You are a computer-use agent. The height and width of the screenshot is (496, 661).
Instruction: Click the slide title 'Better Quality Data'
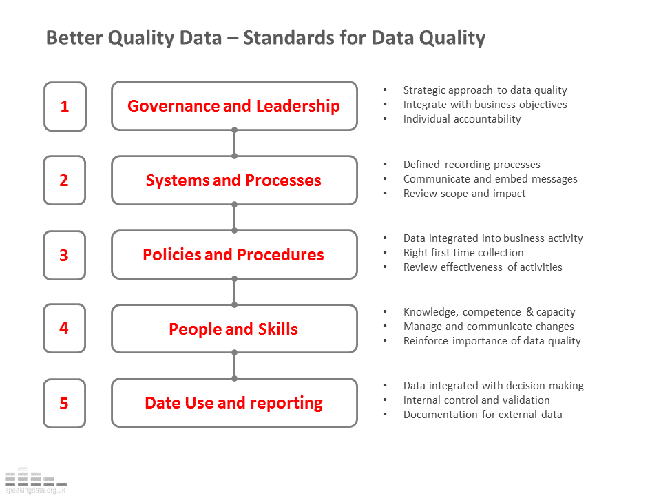[265, 37]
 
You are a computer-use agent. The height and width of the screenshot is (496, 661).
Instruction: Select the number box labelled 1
[65, 106]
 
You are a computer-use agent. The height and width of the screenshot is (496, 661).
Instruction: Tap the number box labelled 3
[65, 255]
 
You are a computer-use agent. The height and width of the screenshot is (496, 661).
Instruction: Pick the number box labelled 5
[65, 403]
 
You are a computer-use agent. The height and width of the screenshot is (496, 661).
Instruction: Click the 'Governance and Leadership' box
[234, 106]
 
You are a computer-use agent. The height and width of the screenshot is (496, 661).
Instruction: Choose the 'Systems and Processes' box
[234, 180]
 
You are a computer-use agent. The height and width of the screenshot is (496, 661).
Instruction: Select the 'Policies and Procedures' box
[234, 255]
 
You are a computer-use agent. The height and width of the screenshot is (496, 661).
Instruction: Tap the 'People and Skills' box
[234, 329]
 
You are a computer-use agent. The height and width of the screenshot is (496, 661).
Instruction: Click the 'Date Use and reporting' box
[234, 403]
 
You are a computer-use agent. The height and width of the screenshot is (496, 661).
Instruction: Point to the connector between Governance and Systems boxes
[234, 143]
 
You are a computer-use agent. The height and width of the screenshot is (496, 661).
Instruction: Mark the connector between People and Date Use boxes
[234, 366]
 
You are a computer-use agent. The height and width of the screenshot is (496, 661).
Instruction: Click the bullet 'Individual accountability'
[462, 119]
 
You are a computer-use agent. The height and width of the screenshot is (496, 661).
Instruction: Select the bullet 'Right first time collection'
[463, 253]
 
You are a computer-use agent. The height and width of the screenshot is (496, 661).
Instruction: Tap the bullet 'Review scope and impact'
[464, 194]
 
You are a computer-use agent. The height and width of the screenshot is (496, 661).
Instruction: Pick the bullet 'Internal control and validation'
[476, 400]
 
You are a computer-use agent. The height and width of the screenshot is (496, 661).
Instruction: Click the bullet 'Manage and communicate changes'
[488, 327]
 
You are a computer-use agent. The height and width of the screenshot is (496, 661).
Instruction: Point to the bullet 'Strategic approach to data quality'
[485, 90]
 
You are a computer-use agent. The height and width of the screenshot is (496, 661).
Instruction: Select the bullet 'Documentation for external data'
[483, 415]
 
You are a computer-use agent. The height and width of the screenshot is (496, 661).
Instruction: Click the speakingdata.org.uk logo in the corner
[34, 481]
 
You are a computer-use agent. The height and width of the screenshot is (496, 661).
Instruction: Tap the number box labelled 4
[65, 329]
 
